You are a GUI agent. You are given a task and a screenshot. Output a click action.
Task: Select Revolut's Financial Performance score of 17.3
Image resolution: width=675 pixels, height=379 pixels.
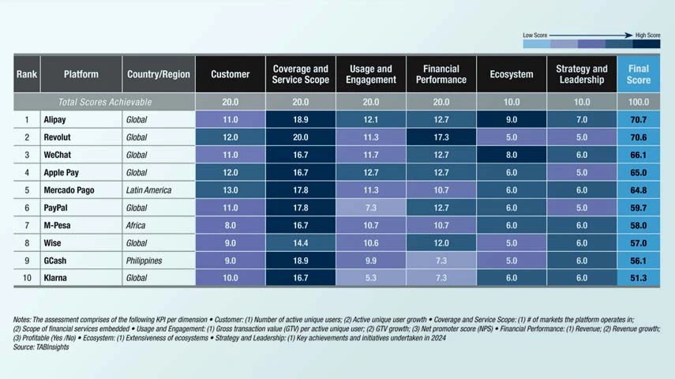click(441, 137)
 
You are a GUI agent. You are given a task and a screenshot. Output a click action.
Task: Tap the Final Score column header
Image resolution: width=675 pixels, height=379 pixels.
click(639, 74)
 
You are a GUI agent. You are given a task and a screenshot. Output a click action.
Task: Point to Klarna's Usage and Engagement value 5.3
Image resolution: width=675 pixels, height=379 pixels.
click(370, 278)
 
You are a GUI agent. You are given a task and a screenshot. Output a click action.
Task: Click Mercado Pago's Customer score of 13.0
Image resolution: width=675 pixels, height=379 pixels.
click(231, 190)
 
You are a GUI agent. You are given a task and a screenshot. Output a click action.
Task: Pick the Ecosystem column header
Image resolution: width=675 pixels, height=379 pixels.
click(511, 74)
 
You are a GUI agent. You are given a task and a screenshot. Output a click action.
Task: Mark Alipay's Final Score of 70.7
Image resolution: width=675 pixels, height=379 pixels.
click(639, 120)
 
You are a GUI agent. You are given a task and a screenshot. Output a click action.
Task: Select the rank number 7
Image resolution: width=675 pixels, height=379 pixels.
click(26, 226)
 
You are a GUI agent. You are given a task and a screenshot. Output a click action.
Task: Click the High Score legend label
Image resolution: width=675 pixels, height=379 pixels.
click(647, 36)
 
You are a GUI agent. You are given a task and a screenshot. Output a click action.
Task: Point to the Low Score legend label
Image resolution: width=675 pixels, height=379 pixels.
click(535, 36)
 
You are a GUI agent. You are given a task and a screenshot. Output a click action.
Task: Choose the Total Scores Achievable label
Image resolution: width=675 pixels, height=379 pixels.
click(105, 102)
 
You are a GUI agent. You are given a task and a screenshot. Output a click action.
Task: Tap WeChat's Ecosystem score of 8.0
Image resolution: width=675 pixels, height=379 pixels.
click(511, 155)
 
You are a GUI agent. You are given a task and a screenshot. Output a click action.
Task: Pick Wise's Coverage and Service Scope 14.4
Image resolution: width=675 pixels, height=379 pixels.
click(300, 243)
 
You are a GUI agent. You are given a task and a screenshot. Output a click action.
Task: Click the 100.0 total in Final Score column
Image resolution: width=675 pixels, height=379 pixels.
click(639, 102)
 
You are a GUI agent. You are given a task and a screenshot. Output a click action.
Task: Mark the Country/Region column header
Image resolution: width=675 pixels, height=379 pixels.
click(158, 74)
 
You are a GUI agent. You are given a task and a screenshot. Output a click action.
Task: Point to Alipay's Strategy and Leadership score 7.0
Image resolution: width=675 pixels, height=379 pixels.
click(581, 120)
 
